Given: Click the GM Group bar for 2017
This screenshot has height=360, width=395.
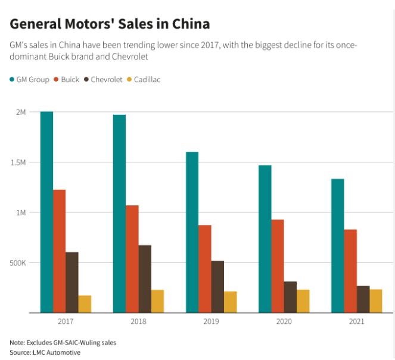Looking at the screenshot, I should [x=46, y=212].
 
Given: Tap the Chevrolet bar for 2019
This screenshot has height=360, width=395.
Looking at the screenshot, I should [x=217, y=287].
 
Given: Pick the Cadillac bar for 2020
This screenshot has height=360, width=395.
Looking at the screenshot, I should [x=303, y=301].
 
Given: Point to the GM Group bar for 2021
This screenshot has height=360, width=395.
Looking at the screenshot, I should [x=338, y=246].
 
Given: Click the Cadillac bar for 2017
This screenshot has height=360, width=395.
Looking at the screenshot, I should [x=85, y=304].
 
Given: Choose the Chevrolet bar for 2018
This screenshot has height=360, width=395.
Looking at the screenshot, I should [x=145, y=278].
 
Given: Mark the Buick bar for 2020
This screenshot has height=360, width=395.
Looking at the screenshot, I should [x=278, y=266].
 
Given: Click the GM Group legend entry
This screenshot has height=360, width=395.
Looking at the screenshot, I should [x=29, y=79].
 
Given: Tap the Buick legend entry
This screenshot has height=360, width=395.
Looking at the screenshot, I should [x=66, y=79].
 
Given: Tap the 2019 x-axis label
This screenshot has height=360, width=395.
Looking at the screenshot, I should [x=211, y=321].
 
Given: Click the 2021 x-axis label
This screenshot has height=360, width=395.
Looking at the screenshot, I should [x=356, y=321].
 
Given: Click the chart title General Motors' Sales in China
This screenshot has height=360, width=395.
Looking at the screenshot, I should [x=110, y=24].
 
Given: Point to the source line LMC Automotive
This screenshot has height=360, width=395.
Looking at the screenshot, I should [x=45, y=352].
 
